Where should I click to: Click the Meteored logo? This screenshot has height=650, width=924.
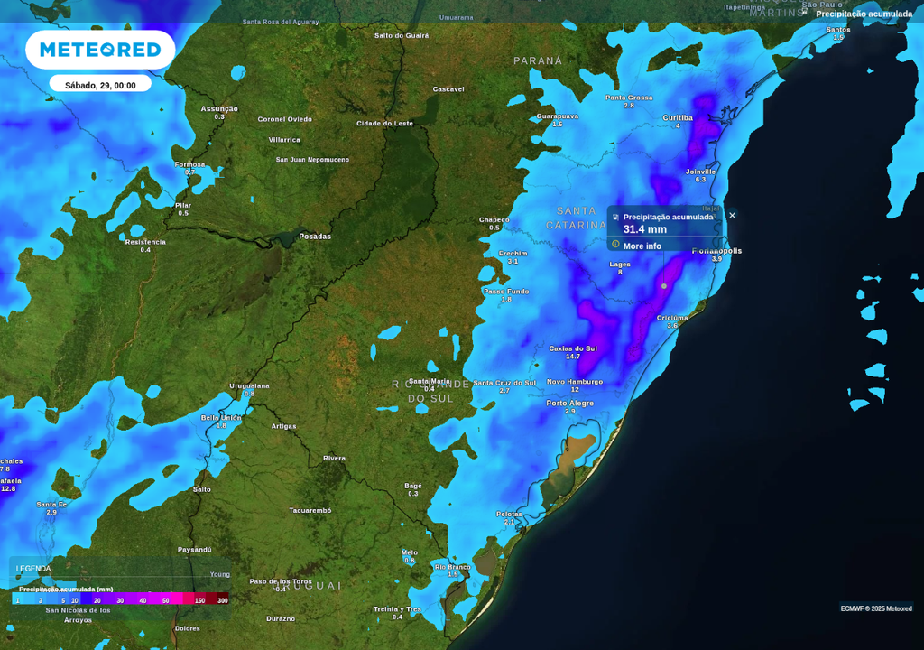100,50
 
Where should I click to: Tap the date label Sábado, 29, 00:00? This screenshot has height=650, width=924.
100,85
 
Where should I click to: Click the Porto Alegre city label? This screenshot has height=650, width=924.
569,403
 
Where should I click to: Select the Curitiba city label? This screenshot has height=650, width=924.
678,117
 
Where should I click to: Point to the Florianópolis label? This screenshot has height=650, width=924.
716,250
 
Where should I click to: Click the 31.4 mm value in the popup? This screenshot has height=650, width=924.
645,229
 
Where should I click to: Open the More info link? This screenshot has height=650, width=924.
642,246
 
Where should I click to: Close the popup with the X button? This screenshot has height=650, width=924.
732,215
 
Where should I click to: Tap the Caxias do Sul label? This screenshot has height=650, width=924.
573,348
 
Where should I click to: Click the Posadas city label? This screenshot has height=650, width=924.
315,237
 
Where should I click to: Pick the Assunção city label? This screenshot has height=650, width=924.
219,108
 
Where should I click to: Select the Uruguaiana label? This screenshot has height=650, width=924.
249,385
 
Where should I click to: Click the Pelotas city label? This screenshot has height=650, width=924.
509,514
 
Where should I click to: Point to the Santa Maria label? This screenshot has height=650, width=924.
430,381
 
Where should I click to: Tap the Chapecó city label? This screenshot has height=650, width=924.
494,219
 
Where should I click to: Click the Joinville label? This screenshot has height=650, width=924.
700,171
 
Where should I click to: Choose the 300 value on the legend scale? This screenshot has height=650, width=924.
222,600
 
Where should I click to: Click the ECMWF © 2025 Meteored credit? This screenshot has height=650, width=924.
876,608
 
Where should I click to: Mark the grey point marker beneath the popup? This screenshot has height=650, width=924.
664,286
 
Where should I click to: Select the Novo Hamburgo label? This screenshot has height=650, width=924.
575,381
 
